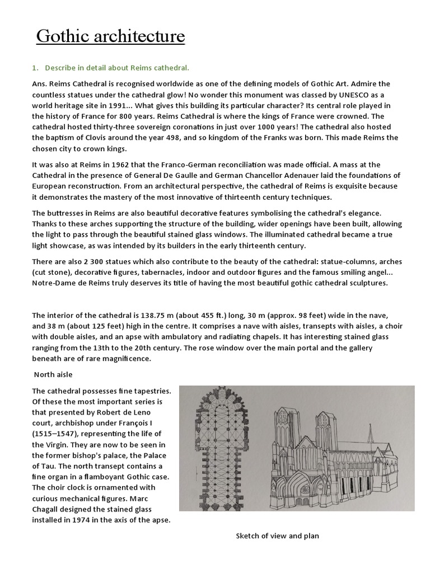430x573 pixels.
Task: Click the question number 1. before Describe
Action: coord(35,68)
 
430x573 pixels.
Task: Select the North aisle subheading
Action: coord(54,375)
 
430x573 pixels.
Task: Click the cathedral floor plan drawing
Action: coord(221,448)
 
